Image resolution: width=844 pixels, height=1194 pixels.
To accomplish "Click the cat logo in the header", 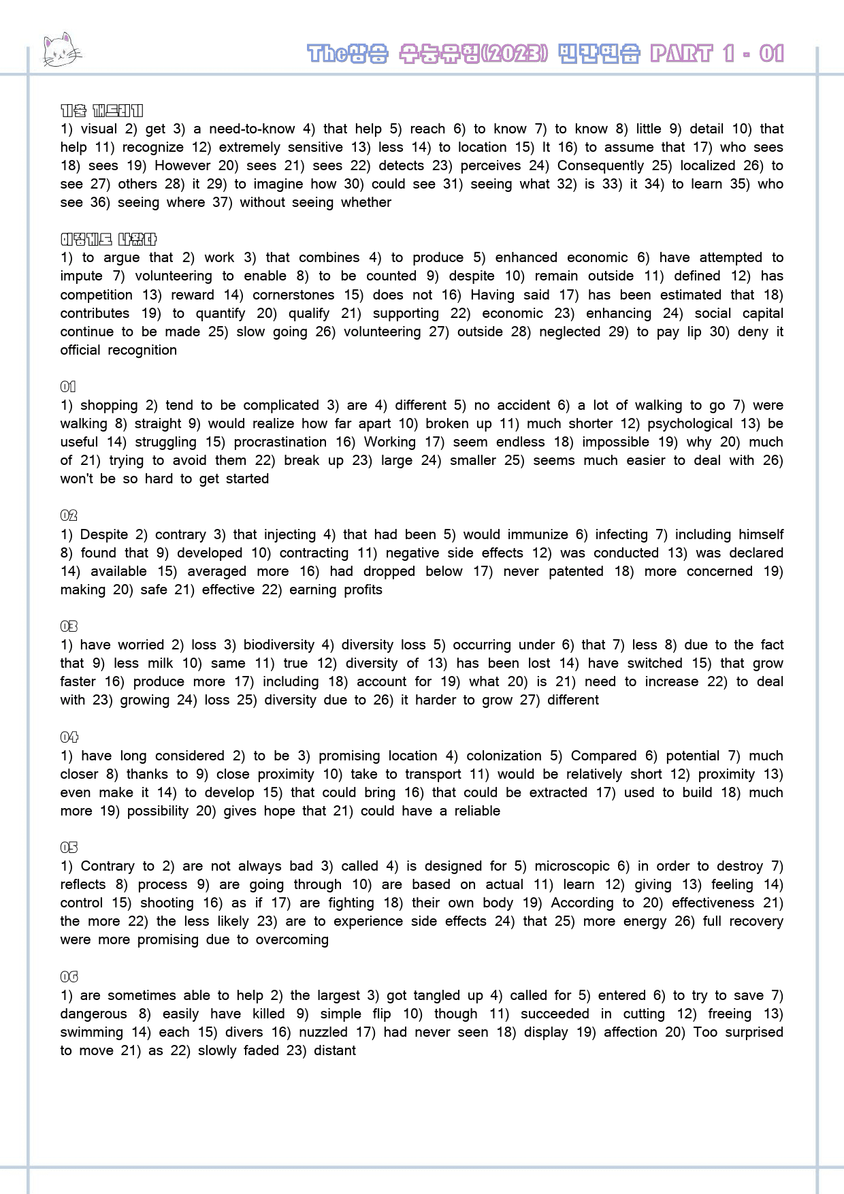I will [61, 50].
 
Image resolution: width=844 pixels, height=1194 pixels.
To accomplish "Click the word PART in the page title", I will [681, 53].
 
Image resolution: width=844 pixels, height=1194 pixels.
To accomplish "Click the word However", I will [182, 165].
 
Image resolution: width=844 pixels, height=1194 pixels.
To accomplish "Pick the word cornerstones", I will [293, 295].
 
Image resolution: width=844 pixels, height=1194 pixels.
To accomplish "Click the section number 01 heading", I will [68, 387].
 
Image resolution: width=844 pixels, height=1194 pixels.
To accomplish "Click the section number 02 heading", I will [69, 515].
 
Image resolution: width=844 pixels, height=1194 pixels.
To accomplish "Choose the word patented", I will [576, 571].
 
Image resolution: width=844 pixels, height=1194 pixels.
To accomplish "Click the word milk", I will [161, 663].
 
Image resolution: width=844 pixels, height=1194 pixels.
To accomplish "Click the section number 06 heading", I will [69, 977].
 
